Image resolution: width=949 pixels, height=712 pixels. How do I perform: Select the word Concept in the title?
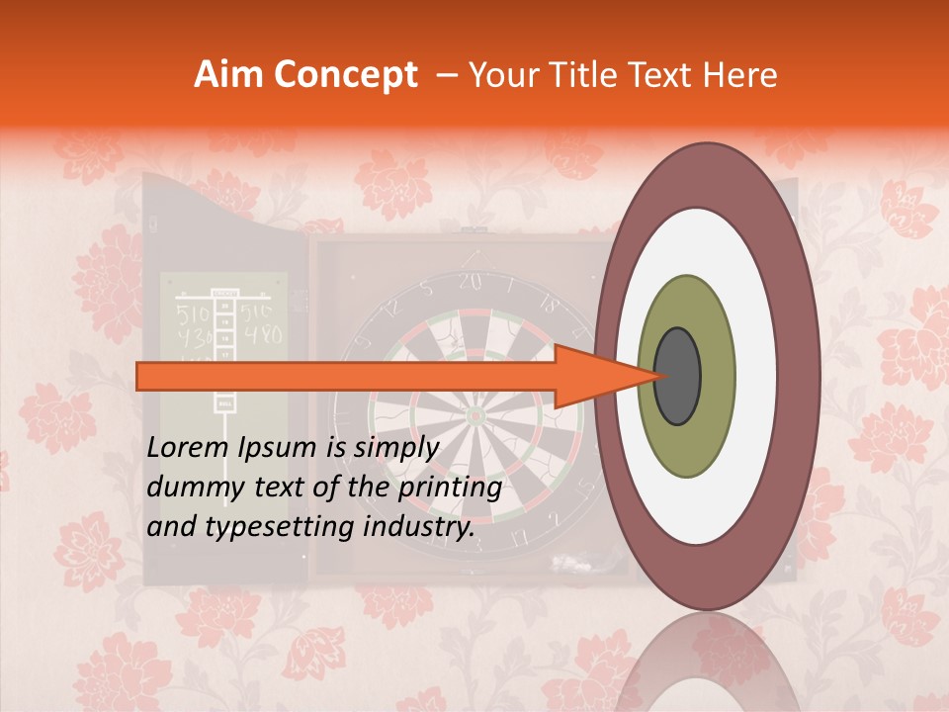tap(345, 76)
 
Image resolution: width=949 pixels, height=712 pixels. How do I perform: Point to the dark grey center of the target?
tap(678, 376)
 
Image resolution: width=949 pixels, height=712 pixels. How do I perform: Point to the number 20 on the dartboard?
tap(470, 283)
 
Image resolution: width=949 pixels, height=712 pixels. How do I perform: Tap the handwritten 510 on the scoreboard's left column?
tap(193, 314)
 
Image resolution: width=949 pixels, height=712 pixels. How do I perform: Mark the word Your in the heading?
tap(500, 75)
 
